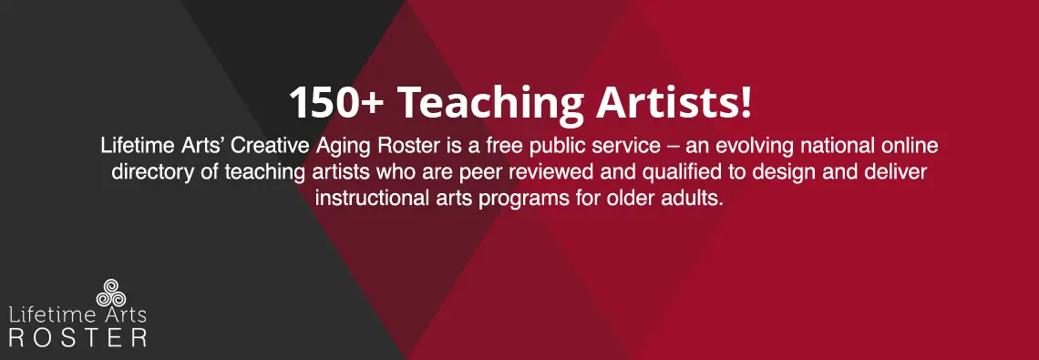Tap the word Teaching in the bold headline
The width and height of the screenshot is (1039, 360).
point(490,105)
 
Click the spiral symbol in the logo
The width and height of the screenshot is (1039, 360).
point(110,293)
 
